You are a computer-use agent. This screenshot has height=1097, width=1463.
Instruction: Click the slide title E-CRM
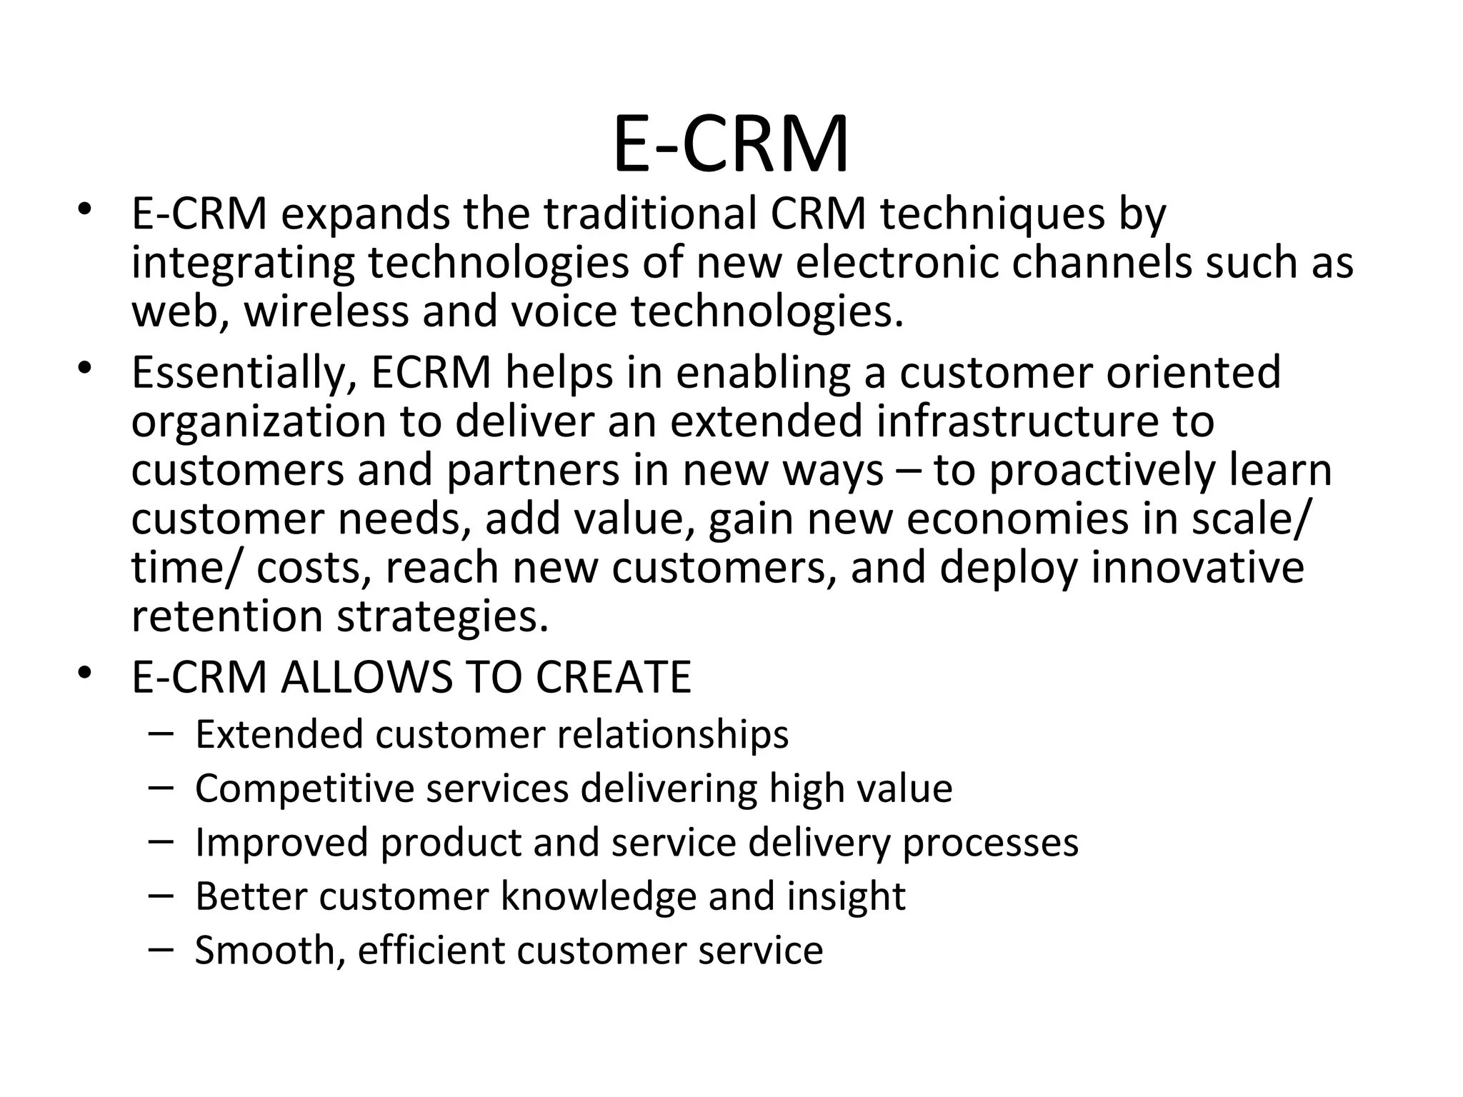point(731,145)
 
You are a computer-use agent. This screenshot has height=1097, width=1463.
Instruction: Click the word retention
point(227,616)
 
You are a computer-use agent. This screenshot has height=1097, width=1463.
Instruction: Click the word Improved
point(281,842)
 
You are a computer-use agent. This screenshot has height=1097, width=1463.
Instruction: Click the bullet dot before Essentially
point(86,369)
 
